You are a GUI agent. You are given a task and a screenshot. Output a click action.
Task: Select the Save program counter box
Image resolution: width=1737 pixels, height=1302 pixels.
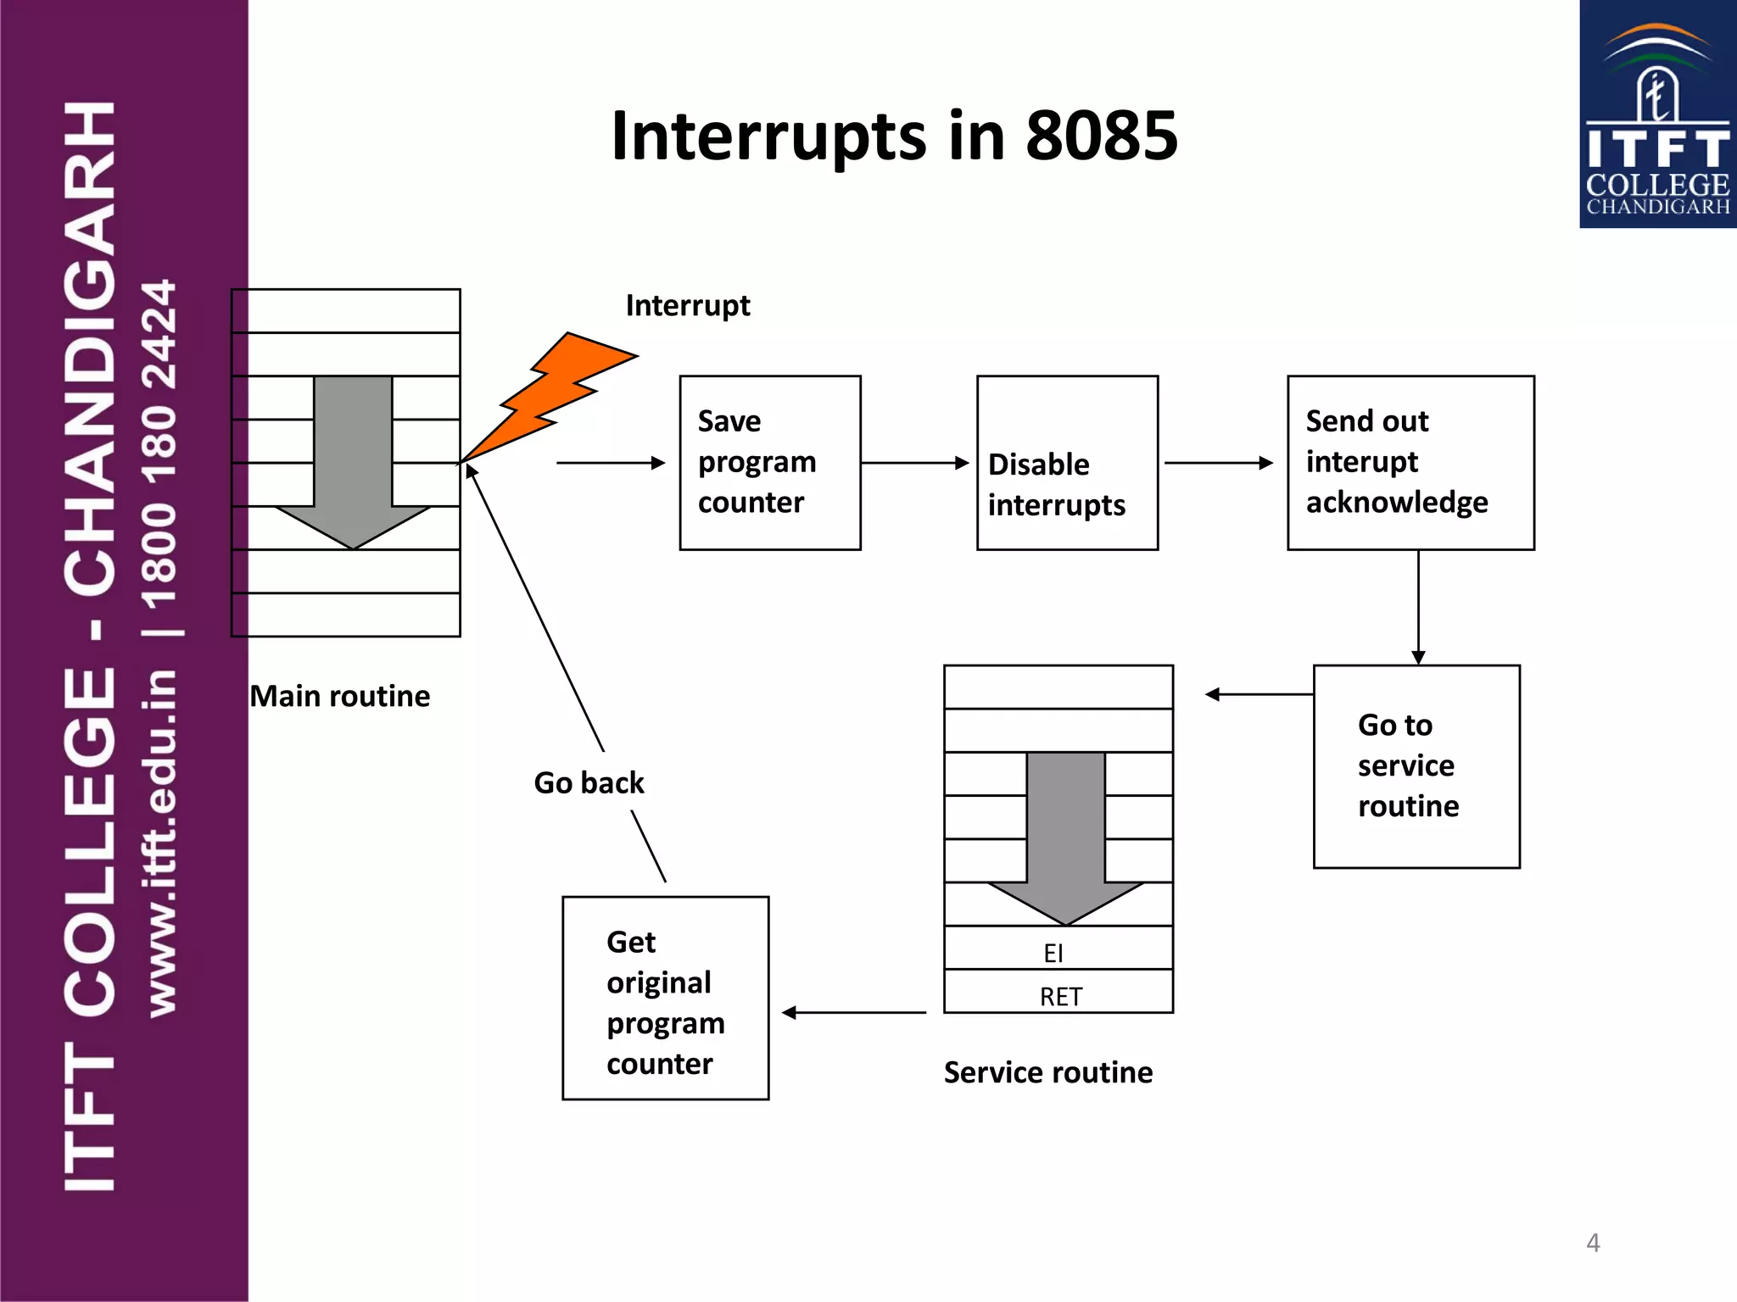tap(769, 463)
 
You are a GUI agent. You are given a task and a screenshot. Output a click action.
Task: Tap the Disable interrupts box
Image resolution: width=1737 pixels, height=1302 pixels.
tap(1067, 463)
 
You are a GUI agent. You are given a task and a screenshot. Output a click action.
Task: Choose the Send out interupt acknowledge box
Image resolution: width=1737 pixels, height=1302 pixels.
tap(1410, 463)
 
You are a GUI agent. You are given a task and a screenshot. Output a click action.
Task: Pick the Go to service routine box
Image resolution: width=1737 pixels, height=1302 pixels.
tap(1416, 765)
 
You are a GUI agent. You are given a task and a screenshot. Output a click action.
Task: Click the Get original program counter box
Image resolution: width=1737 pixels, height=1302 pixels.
tap(665, 998)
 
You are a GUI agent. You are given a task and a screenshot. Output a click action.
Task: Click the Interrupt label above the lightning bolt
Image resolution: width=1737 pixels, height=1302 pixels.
tap(687, 305)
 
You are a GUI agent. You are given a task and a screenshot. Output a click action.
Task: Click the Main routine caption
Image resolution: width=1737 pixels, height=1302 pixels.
tap(339, 696)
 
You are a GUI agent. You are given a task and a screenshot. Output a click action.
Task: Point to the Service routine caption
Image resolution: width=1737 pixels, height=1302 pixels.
tap(1047, 1072)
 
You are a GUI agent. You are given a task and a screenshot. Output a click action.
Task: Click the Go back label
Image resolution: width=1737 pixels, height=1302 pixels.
tap(589, 782)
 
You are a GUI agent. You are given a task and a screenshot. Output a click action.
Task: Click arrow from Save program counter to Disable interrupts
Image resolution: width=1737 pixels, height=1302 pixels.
tap(914, 463)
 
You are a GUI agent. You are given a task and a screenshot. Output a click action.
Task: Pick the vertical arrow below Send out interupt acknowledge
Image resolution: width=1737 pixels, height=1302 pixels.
tap(1418, 607)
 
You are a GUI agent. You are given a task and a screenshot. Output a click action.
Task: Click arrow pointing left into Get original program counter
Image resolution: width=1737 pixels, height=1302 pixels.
tap(853, 1012)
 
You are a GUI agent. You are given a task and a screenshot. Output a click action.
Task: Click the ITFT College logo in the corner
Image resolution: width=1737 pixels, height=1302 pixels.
tap(1657, 114)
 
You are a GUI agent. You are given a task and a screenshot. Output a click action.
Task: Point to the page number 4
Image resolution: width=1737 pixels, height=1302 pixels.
tap(1593, 1243)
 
